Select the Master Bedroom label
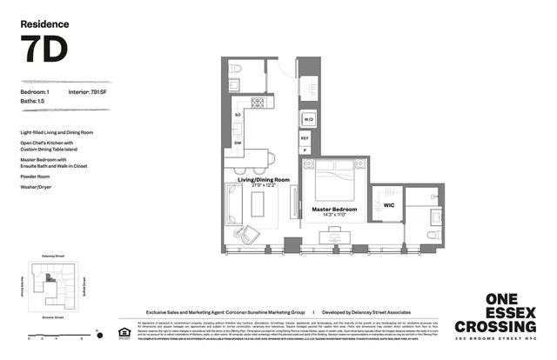(x=335, y=210)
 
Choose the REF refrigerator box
(x=305, y=138)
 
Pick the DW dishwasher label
(x=238, y=142)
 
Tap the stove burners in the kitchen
(x=258, y=103)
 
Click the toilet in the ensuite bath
(x=432, y=234)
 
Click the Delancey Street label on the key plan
(x=53, y=257)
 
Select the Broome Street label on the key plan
(x=54, y=319)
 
